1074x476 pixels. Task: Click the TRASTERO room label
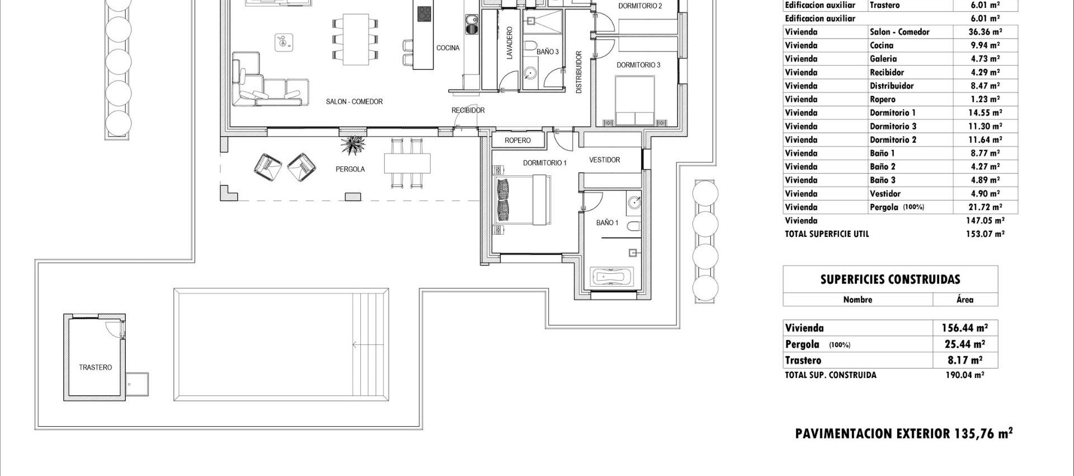(95, 367)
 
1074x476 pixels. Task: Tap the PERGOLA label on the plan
(350, 169)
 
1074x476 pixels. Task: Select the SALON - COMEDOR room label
(354, 102)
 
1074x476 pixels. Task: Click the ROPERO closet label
(517, 141)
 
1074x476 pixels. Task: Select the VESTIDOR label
(604, 160)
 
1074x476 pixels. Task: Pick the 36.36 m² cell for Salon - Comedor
(985, 32)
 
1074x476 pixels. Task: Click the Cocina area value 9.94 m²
(985, 45)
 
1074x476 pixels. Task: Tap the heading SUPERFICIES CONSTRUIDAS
(890, 279)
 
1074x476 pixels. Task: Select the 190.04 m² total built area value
(964, 375)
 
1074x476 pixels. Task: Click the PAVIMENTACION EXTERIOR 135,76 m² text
(903, 433)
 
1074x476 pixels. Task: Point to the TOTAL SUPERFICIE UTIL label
(826, 234)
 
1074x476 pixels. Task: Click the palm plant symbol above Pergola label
(353, 146)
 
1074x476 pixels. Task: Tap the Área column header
(964, 300)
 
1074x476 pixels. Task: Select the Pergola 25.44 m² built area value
(964, 344)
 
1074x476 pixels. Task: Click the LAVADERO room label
(509, 43)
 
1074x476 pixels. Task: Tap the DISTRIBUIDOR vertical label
(579, 72)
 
